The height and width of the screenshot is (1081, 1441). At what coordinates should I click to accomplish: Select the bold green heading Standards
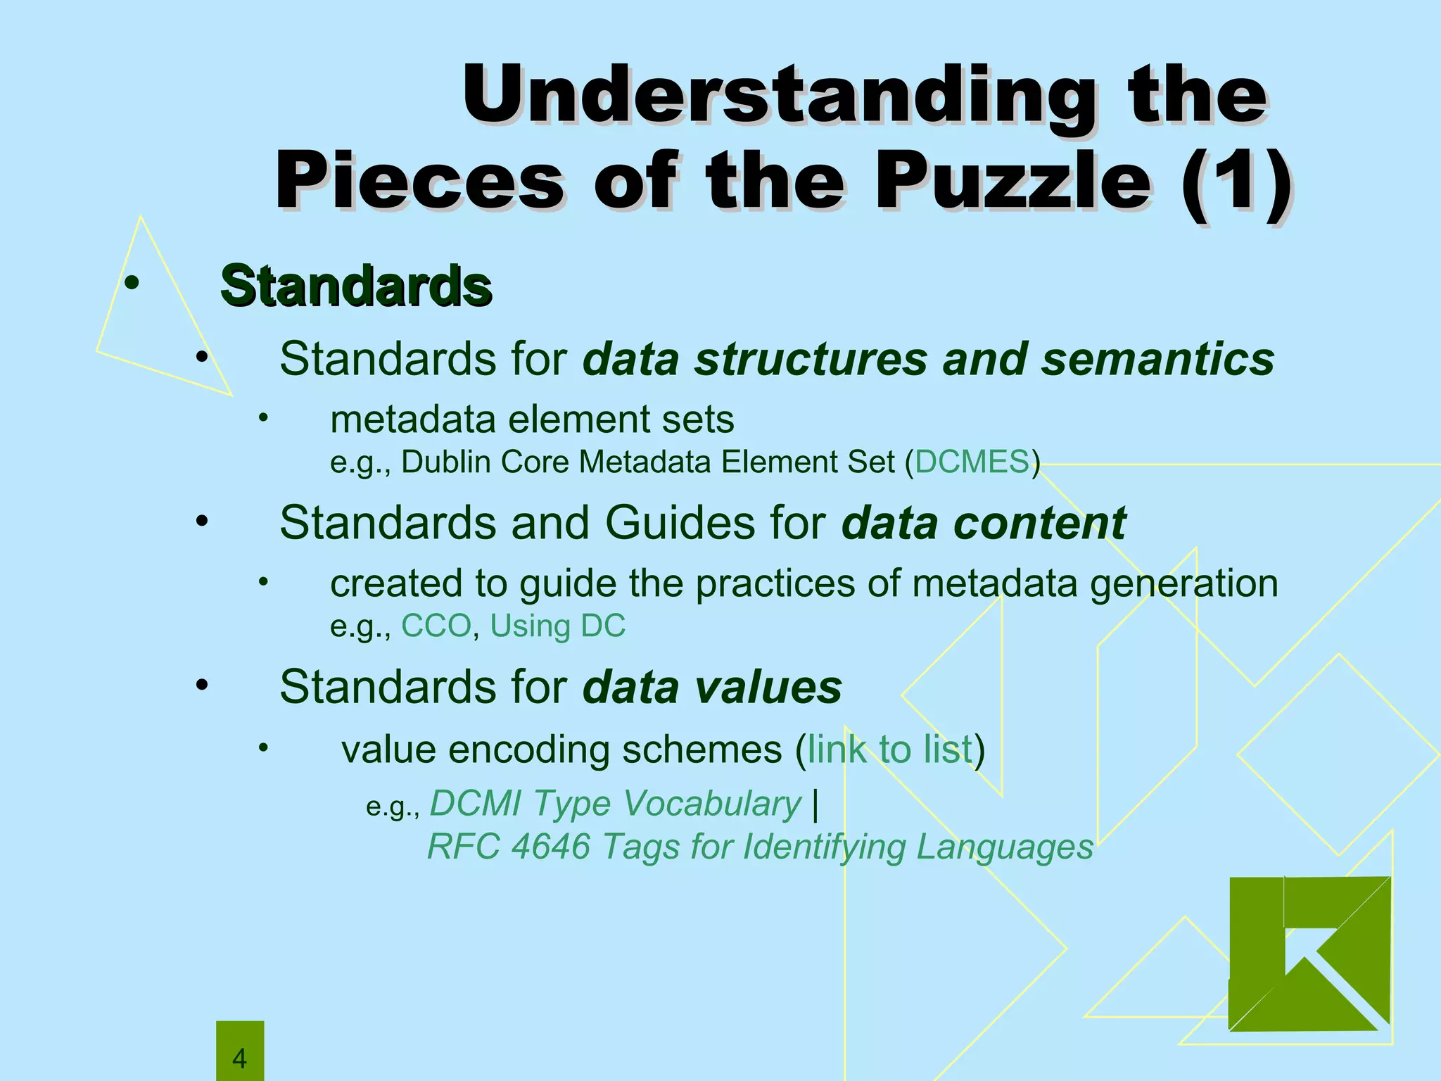(x=355, y=286)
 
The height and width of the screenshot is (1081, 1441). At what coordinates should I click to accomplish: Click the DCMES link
(x=972, y=462)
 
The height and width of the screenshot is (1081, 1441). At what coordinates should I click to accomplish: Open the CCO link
(x=436, y=626)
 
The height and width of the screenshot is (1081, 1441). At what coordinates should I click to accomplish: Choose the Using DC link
(x=557, y=626)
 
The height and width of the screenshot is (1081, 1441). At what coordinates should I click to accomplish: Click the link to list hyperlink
(x=889, y=749)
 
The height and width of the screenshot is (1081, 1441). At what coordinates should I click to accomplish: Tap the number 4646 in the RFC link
(x=550, y=846)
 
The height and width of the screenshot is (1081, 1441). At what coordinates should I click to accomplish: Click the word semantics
(x=1157, y=359)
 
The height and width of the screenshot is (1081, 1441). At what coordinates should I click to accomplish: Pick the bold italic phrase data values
(x=712, y=687)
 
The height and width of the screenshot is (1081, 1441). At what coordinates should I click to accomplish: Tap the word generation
(x=1183, y=583)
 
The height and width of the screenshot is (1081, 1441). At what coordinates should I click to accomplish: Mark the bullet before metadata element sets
(x=263, y=419)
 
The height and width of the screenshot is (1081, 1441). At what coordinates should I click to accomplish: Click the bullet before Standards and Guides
(x=203, y=522)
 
